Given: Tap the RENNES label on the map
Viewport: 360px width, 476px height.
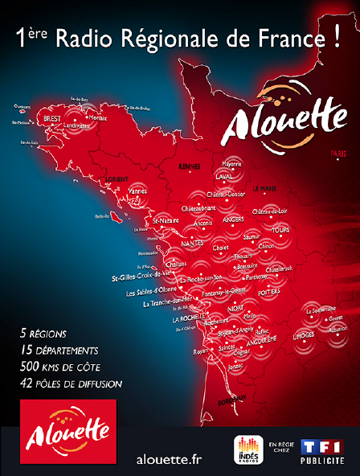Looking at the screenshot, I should coord(190,166).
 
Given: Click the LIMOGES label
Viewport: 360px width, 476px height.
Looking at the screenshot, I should coord(304,333).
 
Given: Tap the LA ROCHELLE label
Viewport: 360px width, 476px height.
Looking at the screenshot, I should coord(187,318).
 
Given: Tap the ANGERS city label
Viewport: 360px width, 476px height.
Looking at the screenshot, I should coord(235,219).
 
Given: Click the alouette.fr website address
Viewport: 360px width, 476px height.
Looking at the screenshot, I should coord(170,458).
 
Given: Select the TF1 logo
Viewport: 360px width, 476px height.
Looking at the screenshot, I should coord(321,447).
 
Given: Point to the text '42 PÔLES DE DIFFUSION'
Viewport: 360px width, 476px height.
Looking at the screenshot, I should coord(72,384).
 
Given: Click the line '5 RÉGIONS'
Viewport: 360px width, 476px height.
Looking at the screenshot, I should coord(44,333).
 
